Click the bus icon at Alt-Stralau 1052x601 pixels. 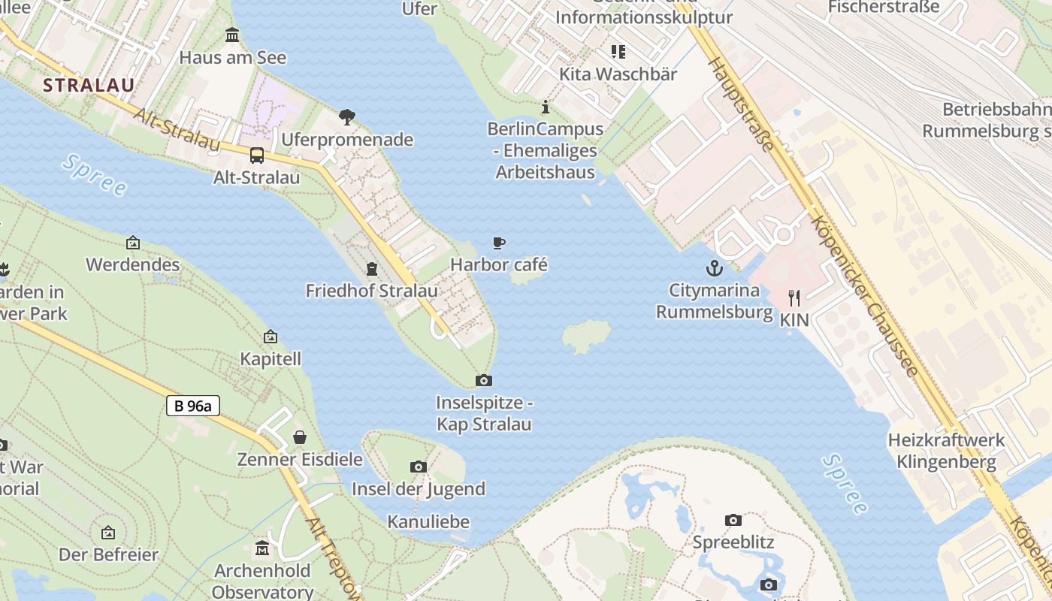coord(257,156)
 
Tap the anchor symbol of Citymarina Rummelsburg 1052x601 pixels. coord(714,267)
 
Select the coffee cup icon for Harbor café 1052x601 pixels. coord(498,243)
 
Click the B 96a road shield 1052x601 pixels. coord(193,406)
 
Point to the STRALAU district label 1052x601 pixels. coord(89,85)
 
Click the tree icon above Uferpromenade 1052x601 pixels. coord(346,116)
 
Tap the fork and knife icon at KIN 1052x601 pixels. coord(794,298)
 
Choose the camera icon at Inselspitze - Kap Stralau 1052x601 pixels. coord(484,381)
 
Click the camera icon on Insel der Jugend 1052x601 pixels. coord(419,467)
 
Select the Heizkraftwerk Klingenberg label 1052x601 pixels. coord(946,451)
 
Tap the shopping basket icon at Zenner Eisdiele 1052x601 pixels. coord(300,437)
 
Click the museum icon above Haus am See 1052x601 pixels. coord(232,35)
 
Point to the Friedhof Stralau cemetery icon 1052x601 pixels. coord(371,269)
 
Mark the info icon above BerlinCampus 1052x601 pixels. coord(546,107)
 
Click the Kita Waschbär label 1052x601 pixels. coord(618,74)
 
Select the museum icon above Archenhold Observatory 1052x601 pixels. coord(262,548)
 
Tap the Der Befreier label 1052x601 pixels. coord(109,555)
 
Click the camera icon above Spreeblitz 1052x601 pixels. coord(733,520)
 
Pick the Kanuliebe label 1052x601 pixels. coord(428,521)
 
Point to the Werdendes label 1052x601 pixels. coord(133,264)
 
